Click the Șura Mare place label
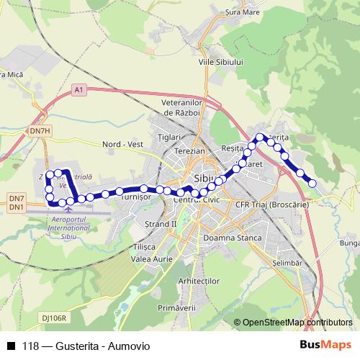tap(241, 12)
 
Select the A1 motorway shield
tap(79, 90)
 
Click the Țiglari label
tap(168, 137)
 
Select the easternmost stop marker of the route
tap(312, 183)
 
